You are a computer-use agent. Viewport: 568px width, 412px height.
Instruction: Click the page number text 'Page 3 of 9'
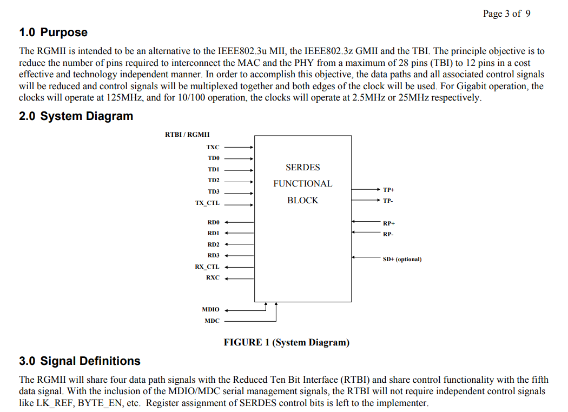[506, 14]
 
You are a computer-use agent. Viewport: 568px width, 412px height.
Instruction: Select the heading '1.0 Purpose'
[53, 32]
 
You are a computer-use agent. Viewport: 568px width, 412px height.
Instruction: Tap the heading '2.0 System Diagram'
[76, 116]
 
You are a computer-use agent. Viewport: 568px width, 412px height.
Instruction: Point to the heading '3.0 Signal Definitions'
[80, 361]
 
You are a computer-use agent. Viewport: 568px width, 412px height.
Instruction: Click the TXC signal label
[213, 147]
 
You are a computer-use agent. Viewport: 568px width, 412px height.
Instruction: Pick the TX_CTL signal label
[207, 203]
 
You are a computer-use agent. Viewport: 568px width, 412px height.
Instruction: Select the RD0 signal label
[214, 222]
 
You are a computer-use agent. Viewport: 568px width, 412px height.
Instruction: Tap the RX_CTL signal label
[207, 267]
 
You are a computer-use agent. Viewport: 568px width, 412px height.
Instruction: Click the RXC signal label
[213, 277]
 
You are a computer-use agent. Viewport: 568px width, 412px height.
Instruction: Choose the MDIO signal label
[210, 309]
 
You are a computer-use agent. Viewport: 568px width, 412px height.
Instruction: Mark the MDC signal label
[212, 321]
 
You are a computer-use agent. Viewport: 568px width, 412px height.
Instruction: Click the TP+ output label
[388, 190]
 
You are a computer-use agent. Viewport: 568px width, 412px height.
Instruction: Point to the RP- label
[388, 234]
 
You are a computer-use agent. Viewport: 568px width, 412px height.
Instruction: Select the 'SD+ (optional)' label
[402, 259]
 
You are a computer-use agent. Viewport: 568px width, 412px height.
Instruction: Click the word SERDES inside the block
[302, 168]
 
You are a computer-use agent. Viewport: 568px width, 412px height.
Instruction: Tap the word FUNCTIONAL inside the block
[302, 184]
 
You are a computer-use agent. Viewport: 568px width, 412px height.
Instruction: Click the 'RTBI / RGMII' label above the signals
[187, 134]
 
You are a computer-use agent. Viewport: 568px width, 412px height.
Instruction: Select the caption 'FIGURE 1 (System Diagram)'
[287, 342]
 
